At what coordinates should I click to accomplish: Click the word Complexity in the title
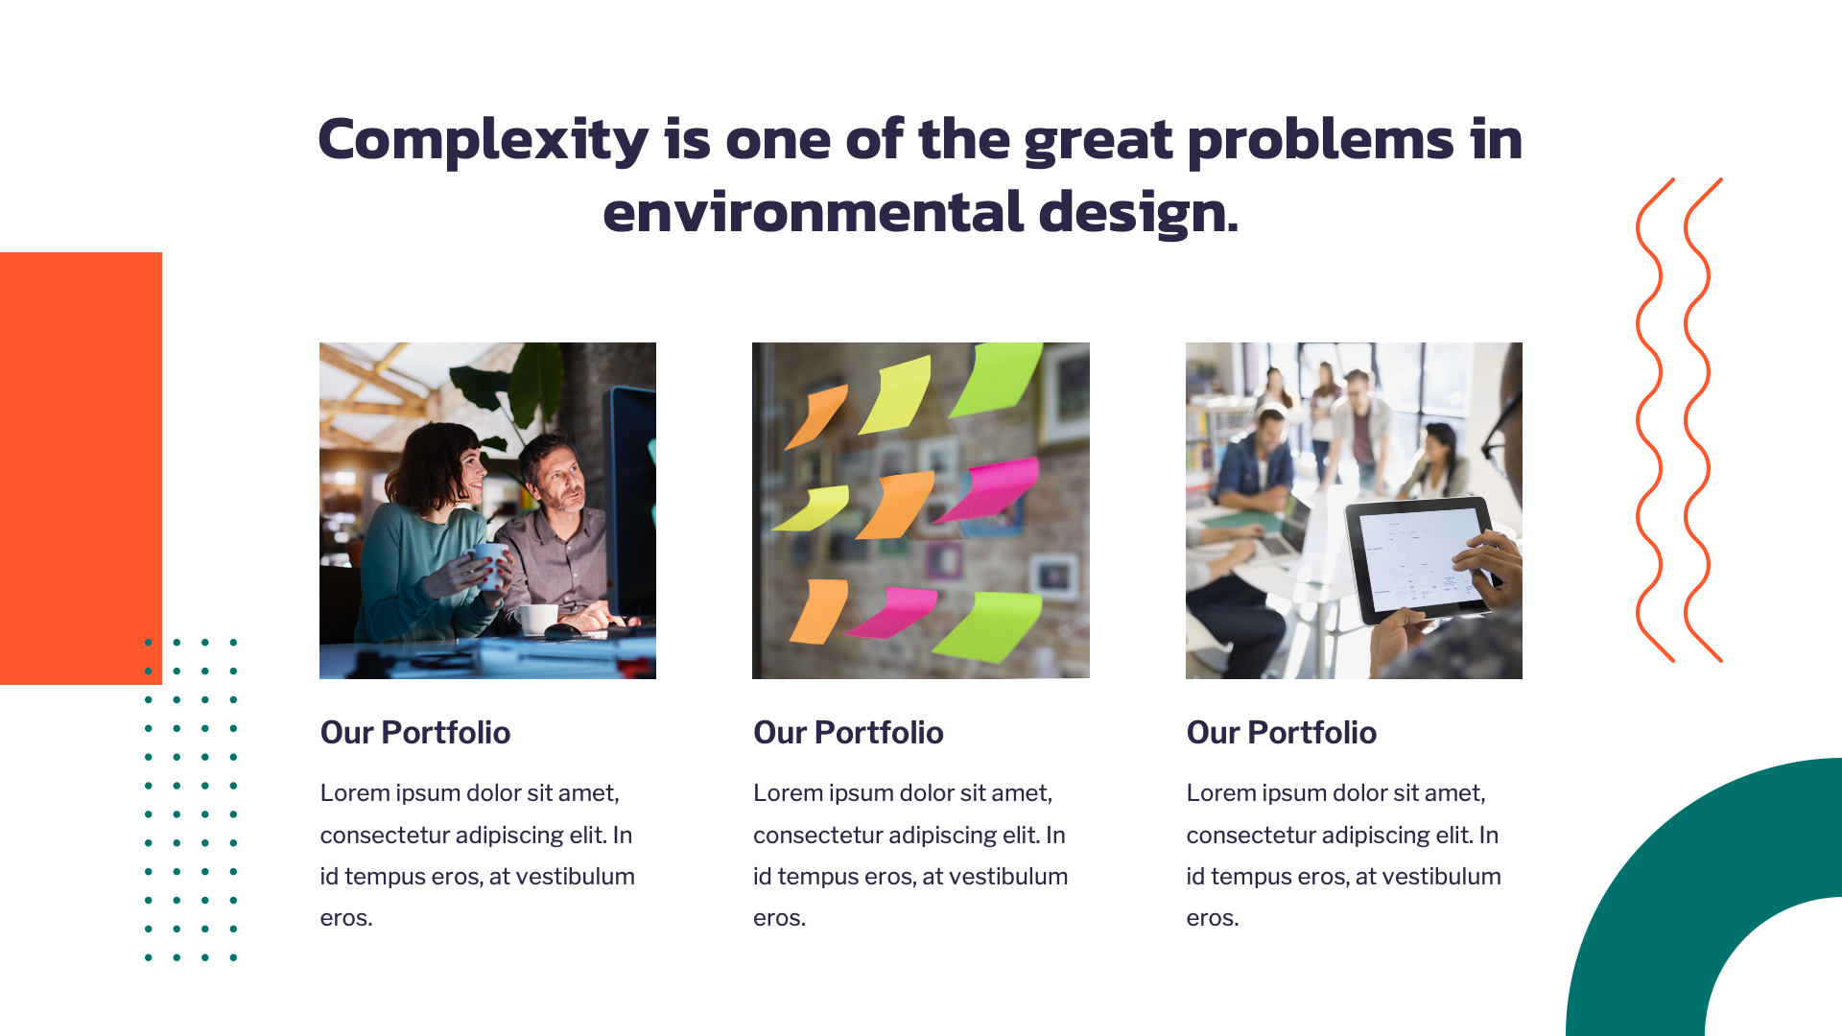tap(483, 140)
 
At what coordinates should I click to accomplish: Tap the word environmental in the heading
tap(813, 212)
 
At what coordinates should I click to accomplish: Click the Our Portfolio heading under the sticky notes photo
tap(848, 733)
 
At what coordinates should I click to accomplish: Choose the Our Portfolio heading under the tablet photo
tap(1281, 733)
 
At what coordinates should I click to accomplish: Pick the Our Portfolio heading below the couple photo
tap(414, 733)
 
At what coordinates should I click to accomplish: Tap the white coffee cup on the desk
tap(537, 619)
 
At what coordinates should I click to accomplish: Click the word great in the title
tap(1098, 140)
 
